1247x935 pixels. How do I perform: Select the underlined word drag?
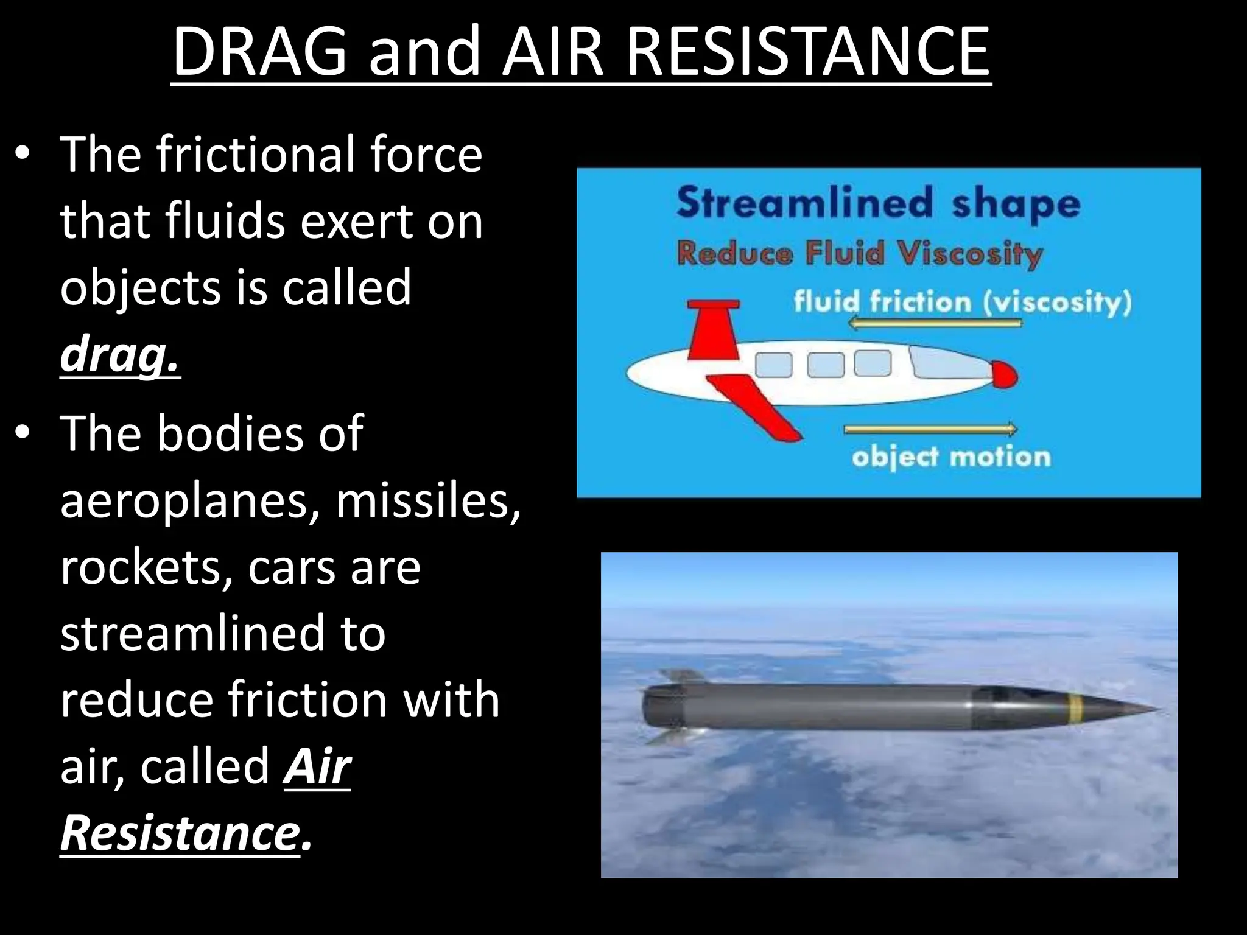pos(120,354)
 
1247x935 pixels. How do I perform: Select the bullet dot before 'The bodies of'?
pos(23,433)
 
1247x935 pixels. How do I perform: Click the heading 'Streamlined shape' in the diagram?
pos(877,204)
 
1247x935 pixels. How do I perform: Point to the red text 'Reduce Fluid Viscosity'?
pos(860,253)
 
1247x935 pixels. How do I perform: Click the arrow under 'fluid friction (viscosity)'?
pos(935,323)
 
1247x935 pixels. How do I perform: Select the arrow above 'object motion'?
pos(930,429)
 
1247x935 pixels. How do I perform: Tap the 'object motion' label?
pos(950,457)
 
